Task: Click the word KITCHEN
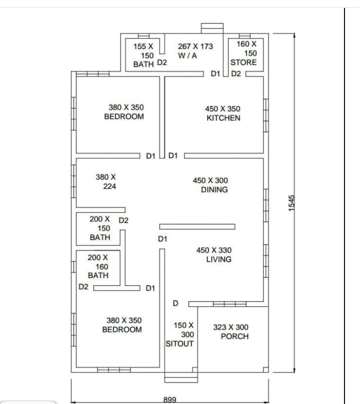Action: pyautogui.click(x=223, y=118)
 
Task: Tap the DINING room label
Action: pyautogui.click(x=214, y=189)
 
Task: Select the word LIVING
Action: pyautogui.click(x=218, y=259)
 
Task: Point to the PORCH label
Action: pyautogui.click(x=234, y=336)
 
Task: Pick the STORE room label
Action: pyautogui.click(x=243, y=62)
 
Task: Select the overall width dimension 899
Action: pyautogui.click(x=170, y=399)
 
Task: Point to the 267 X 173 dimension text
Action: pyautogui.click(x=195, y=46)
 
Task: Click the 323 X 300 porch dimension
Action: pyautogui.click(x=230, y=327)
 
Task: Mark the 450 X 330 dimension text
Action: pyautogui.click(x=214, y=250)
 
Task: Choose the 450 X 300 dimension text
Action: pyautogui.click(x=210, y=180)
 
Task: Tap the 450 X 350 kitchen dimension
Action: pyautogui.click(x=222, y=108)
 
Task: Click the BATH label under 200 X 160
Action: pyautogui.click(x=98, y=275)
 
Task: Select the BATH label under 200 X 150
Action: pyautogui.click(x=100, y=237)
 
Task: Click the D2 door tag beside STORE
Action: pyautogui.click(x=236, y=74)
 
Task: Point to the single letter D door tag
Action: pyautogui.click(x=175, y=303)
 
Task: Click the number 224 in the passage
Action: pyautogui.click(x=110, y=186)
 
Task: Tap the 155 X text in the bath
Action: pyautogui.click(x=143, y=46)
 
